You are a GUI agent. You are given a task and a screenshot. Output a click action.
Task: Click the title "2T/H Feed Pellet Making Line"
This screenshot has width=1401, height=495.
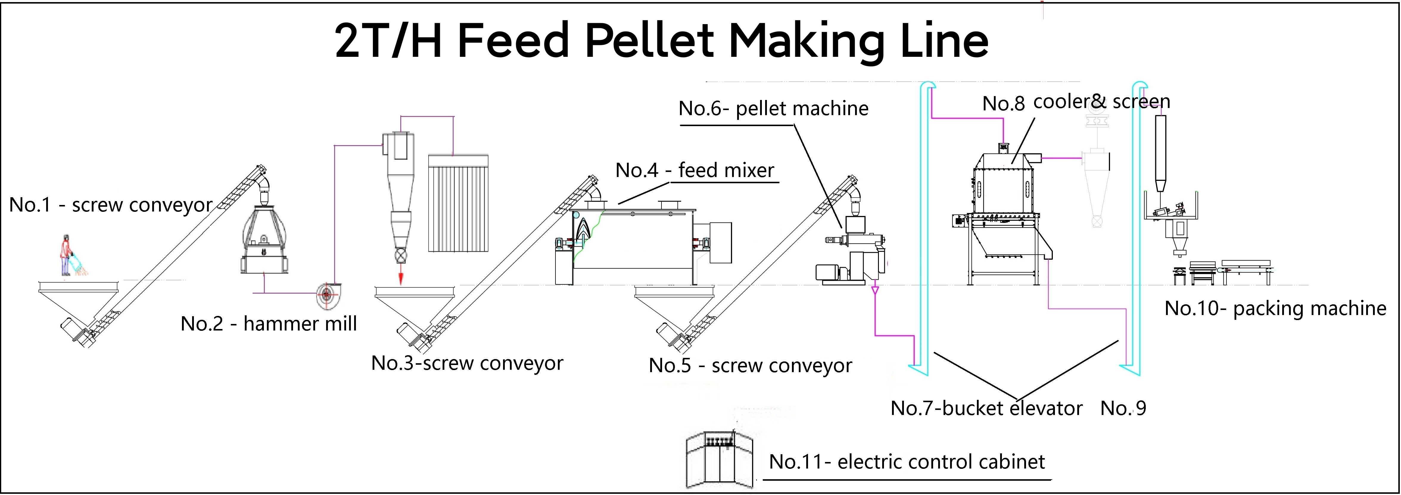click(661, 41)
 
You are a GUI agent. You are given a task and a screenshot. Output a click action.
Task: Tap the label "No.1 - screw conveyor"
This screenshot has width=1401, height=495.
click(111, 205)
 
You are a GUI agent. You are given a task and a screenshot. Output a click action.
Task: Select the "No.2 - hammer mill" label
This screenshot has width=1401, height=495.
click(269, 324)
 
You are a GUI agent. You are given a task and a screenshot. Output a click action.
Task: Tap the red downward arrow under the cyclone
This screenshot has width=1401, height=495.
click(401, 274)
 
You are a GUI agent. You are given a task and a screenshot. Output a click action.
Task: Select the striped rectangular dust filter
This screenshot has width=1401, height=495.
click(458, 204)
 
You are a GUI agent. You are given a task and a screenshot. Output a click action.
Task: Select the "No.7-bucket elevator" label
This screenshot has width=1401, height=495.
click(986, 408)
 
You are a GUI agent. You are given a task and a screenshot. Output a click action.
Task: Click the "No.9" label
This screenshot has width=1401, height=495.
click(1123, 408)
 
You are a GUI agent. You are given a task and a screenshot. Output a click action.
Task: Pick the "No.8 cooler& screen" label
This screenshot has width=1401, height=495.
click(1076, 102)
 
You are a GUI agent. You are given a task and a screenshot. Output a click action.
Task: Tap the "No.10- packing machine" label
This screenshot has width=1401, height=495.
click(1275, 308)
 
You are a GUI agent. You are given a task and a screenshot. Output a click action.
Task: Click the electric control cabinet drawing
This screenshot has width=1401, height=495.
click(719, 459)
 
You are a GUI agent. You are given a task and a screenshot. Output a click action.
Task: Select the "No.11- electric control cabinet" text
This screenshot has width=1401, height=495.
click(907, 462)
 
